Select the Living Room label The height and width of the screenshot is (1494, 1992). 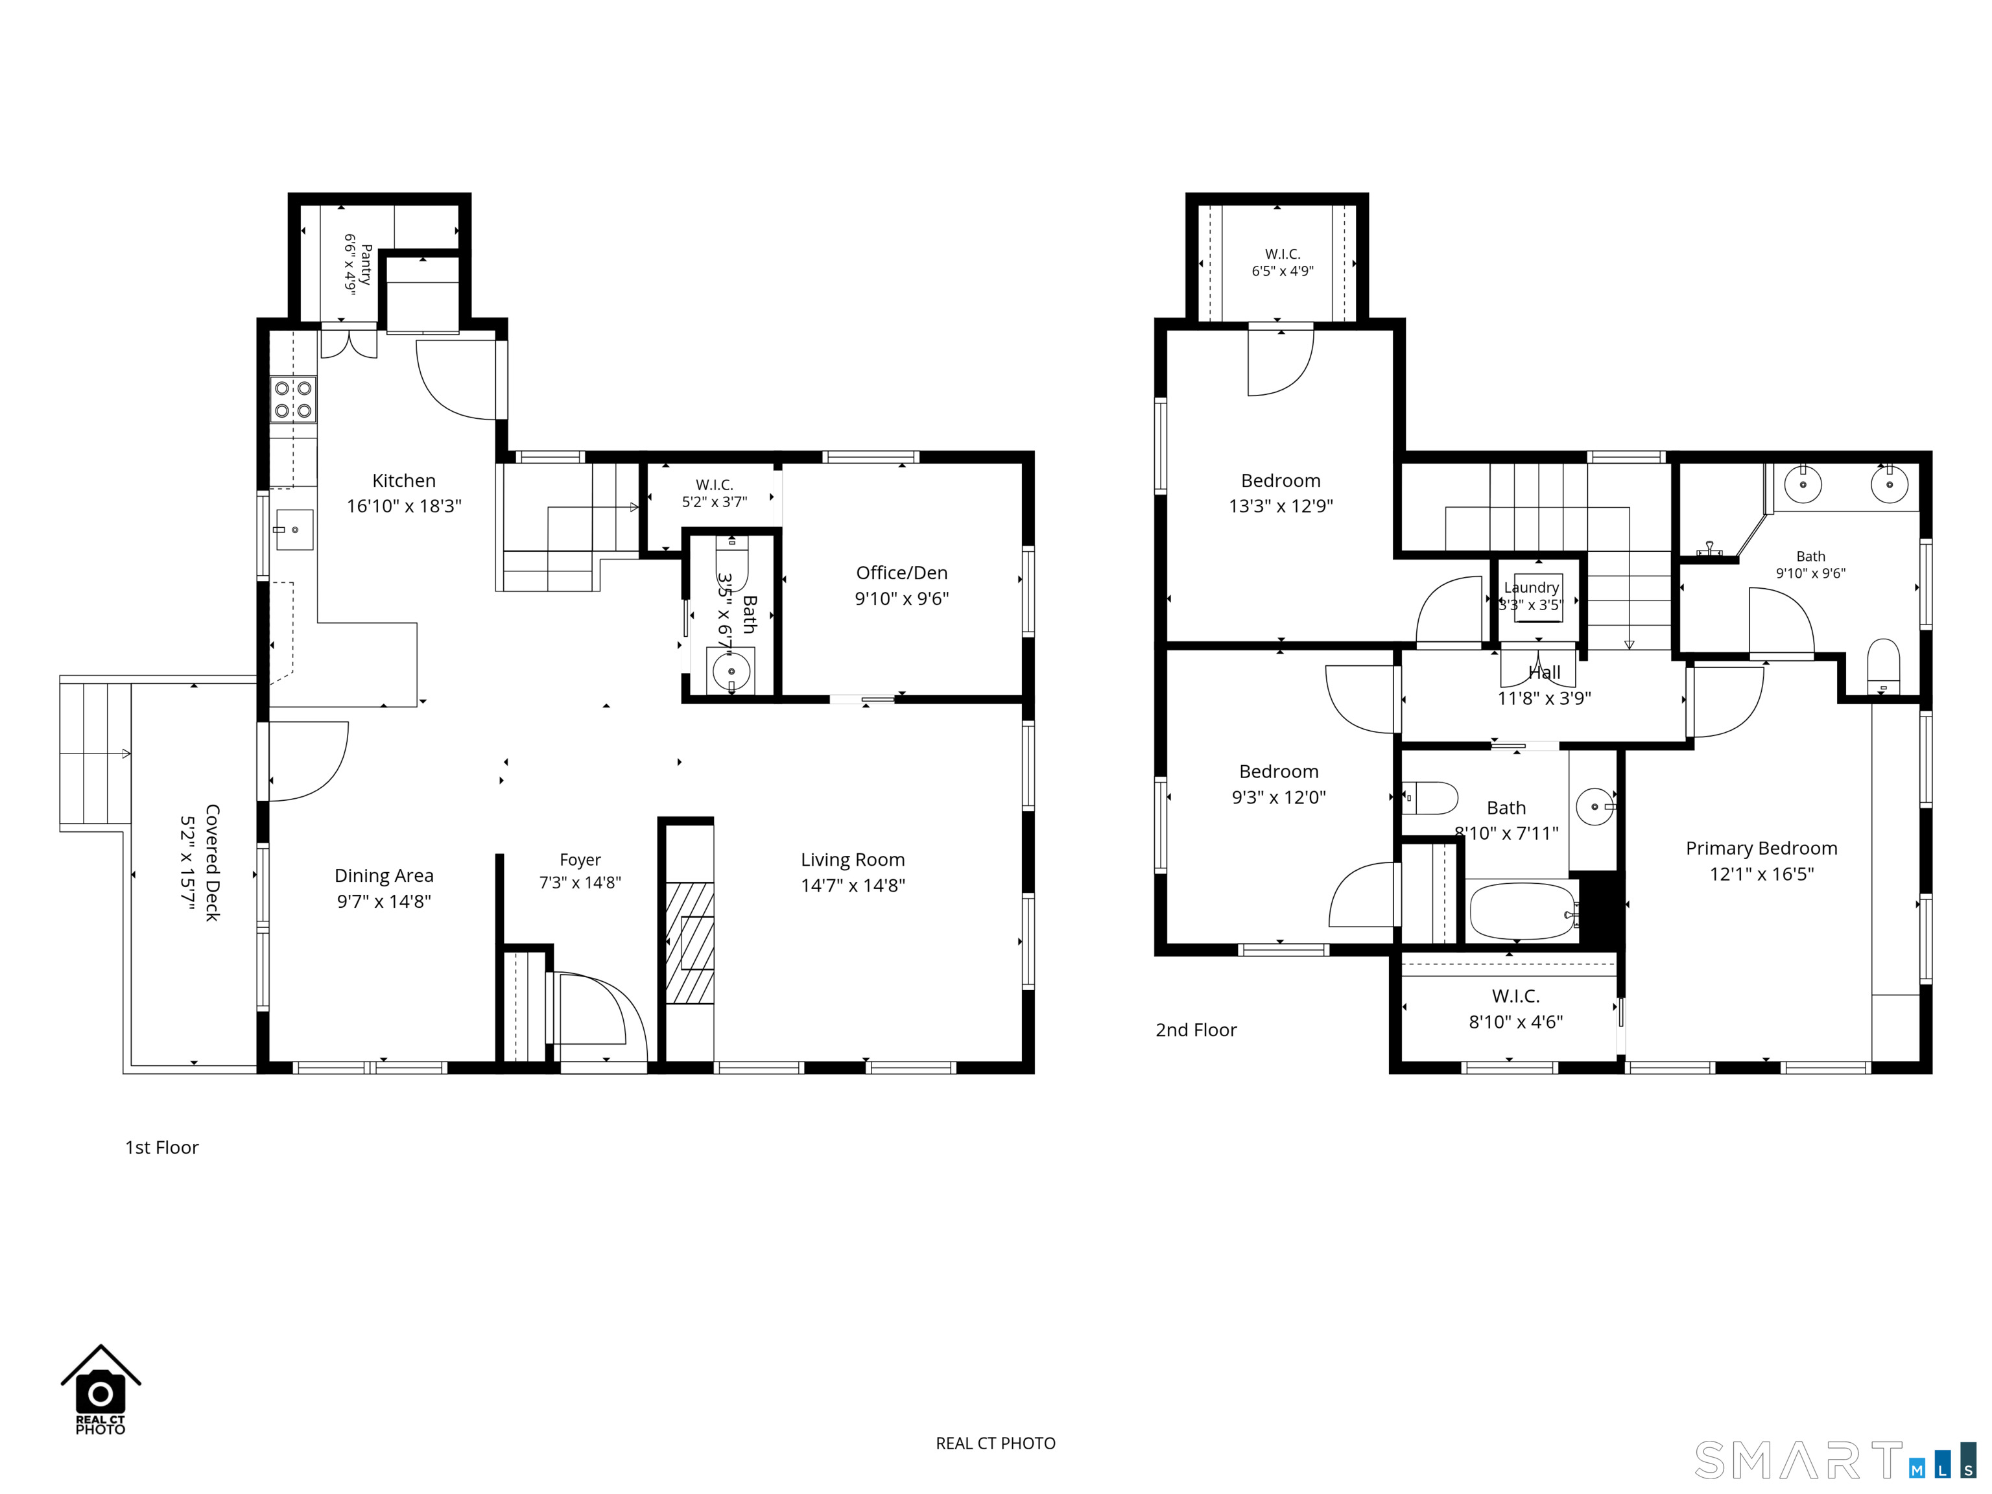853,860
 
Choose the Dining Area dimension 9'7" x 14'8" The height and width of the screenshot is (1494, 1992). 385,901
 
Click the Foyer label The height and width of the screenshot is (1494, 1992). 580,860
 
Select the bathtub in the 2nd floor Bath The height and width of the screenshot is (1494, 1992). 1523,911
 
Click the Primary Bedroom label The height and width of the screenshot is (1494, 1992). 1761,848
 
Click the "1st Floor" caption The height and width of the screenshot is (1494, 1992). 162,1147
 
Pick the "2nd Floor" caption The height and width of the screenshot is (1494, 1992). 1196,1030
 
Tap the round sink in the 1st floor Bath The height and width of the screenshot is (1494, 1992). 731,672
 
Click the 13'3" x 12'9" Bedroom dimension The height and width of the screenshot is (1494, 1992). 1281,506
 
